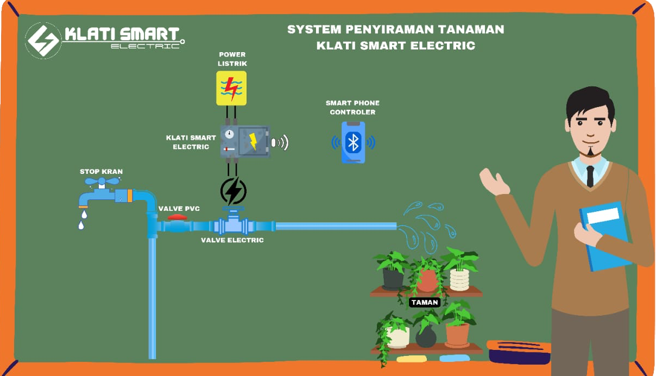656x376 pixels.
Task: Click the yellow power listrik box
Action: [x=231, y=88]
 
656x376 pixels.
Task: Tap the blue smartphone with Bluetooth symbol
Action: [x=353, y=142]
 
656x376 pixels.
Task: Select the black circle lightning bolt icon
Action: [x=234, y=191]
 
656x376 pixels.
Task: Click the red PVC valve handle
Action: [x=177, y=217]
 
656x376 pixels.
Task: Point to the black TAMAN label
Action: [x=425, y=303]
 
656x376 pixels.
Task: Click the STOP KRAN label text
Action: [x=102, y=172]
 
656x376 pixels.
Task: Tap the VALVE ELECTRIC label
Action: [x=232, y=240]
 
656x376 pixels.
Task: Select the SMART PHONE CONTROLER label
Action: [x=352, y=108]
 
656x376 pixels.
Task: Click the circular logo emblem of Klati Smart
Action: [x=43, y=40]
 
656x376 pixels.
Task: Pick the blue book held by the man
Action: [x=604, y=236]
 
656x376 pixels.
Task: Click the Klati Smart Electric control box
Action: [x=245, y=141]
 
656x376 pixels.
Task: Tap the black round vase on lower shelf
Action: [x=426, y=336]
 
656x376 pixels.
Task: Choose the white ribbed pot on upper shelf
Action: [x=459, y=279]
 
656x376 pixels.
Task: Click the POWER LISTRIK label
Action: [x=232, y=59]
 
